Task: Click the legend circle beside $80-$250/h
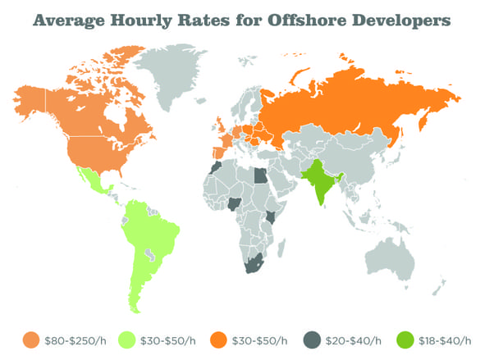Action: [31, 338]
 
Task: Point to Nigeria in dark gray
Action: [236, 203]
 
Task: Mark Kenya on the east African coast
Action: [272, 217]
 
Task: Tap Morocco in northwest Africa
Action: [215, 167]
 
